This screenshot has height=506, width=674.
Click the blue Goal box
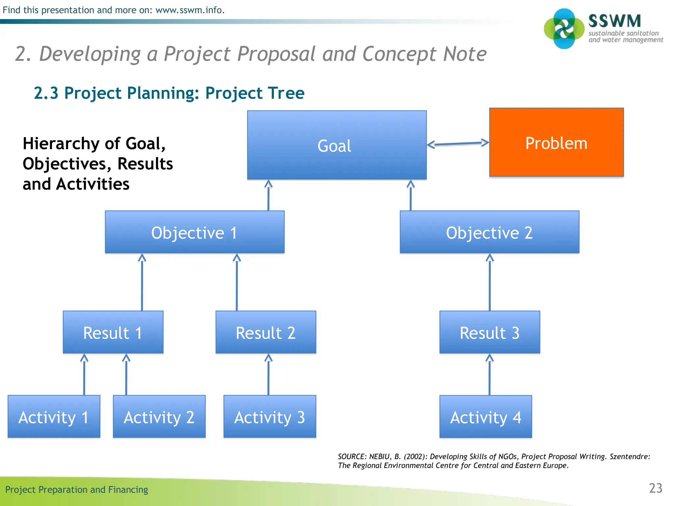pyautogui.click(x=337, y=145)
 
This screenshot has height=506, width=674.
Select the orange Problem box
pyautogui.click(x=556, y=143)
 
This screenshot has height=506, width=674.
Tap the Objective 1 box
pyautogui.click(x=194, y=232)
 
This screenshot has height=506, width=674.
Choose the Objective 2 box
pyautogui.click(x=489, y=232)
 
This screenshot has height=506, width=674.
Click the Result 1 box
pyautogui.click(x=113, y=332)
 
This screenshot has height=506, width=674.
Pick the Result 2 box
pyautogui.click(x=266, y=332)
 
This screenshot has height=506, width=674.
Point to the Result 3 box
pyautogui.click(x=489, y=332)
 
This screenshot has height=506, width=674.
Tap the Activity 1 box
pyautogui.click(x=54, y=417)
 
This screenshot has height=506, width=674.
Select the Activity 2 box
pyautogui.click(x=159, y=417)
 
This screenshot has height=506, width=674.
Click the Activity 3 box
pyautogui.click(x=270, y=417)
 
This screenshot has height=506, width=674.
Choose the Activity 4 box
pyautogui.click(x=485, y=417)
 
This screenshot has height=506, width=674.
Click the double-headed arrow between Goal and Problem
pyautogui.click(x=458, y=144)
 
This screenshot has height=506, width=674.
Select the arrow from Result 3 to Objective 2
pyautogui.click(x=490, y=283)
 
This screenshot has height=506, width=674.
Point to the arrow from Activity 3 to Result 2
pyautogui.click(x=269, y=376)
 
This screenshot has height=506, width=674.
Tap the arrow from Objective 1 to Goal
pyautogui.click(x=269, y=196)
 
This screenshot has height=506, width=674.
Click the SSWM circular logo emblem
pyautogui.click(x=564, y=29)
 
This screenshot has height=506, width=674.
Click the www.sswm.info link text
pyautogui.click(x=190, y=10)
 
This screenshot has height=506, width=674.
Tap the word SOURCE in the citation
pyautogui.click(x=351, y=457)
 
